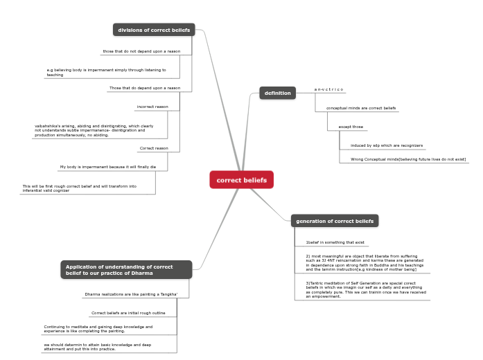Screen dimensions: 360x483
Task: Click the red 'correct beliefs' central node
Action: [x=242, y=180]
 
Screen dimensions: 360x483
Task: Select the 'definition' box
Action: [x=278, y=93]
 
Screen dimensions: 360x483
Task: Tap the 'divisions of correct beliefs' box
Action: [x=154, y=30]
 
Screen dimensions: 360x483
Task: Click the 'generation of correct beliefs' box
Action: [x=335, y=221]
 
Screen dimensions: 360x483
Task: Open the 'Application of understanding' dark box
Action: [x=126, y=269]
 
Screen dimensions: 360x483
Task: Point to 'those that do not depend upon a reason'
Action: [x=141, y=51]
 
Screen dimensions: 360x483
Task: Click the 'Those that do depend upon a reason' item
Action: [x=145, y=88]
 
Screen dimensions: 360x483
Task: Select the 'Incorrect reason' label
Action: [x=152, y=107]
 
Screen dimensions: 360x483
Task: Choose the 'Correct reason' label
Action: [x=154, y=148]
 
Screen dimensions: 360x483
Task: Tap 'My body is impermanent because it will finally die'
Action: [x=108, y=167]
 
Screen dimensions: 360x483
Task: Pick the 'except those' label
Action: [x=351, y=127]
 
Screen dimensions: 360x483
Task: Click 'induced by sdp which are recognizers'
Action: [x=387, y=145]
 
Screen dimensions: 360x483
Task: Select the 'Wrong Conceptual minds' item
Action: [x=407, y=159]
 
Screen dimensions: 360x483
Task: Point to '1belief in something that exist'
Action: [x=335, y=242]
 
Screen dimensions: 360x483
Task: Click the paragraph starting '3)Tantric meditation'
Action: [x=366, y=289]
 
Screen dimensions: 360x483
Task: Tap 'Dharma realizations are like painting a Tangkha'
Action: [x=131, y=294]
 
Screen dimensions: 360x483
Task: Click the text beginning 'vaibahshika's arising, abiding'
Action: [x=94, y=130]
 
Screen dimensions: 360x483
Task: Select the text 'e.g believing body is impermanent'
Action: [x=106, y=72]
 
